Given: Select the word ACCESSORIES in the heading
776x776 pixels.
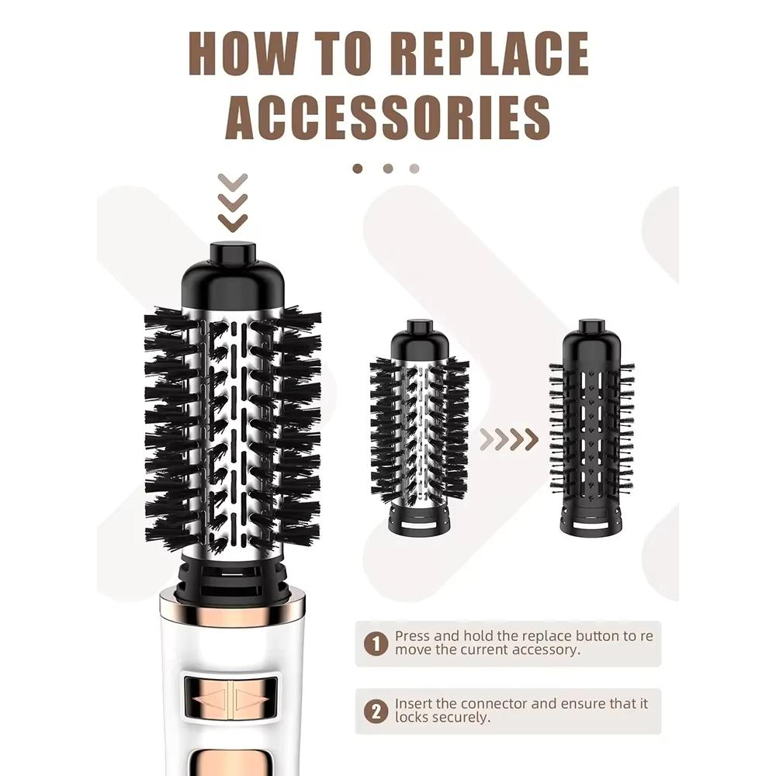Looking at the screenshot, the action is click(389, 117).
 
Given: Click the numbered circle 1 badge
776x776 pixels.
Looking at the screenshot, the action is click(376, 644).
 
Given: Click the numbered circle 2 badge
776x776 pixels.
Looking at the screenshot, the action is click(376, 712).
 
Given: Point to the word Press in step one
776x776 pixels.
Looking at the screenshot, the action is click(412, 636).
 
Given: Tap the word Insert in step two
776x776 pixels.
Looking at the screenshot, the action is click(413, 703).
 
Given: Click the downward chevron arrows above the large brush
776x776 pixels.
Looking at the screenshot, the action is click(233, 203).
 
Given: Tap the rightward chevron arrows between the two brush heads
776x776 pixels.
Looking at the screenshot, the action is click(509, 438).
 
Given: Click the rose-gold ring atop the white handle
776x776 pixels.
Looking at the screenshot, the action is click(232, 614).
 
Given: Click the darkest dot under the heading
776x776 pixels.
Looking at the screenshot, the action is click(357, 168).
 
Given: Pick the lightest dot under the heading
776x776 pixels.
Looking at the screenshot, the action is click(414, 168).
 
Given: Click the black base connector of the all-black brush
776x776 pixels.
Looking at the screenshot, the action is click(592, 521).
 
